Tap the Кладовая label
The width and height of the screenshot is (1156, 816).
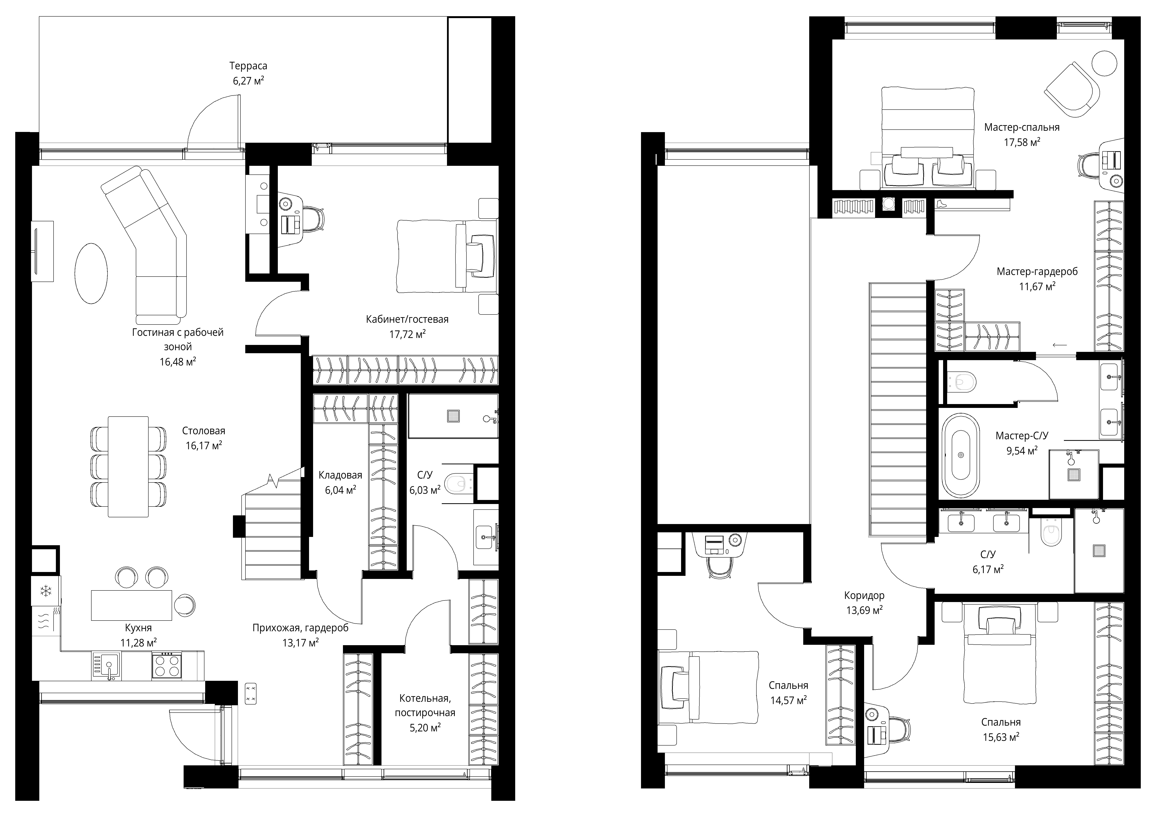pos(340,475)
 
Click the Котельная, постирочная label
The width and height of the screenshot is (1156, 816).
pos(425,706)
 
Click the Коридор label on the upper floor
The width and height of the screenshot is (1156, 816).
pos(864,595)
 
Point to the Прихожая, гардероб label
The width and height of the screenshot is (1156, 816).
pos(301,628)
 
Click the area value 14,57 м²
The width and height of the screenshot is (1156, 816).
pos(788,700)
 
